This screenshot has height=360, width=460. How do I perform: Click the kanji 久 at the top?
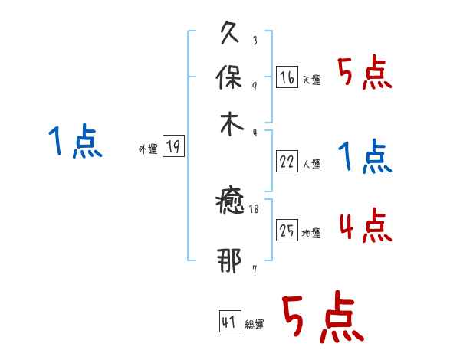tap(230, 34)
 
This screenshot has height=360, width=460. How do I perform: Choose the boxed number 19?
tap(173, 148)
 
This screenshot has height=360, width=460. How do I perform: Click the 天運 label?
tap(312, 80)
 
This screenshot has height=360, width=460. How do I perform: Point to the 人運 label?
tap(312, 163)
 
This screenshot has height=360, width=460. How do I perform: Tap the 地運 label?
tap(312, 233)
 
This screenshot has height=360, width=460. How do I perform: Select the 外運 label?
tap(148, 150)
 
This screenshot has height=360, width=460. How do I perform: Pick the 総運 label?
tap(255, 324)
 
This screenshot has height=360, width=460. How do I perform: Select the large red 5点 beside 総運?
tap(323, 318)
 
